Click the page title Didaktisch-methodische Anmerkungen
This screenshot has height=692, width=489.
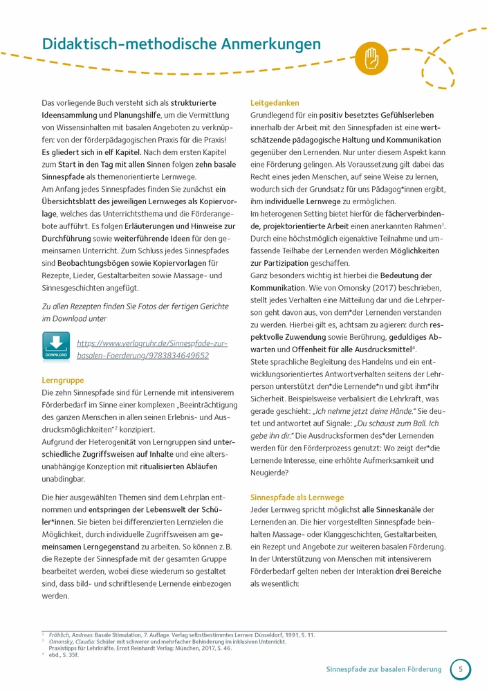tap(181, 44)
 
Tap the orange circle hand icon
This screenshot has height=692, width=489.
tap(371, 54)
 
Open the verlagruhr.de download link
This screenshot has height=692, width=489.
tap(152, 349)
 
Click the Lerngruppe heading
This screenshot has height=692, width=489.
tap(63, 380)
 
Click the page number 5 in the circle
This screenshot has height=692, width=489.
tap(461, 669)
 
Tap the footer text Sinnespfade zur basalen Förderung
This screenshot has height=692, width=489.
tap(383, 669)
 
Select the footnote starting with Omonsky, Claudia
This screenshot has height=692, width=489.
tap(159, 642)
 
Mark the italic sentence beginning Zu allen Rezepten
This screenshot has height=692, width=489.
tap(135, 313)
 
